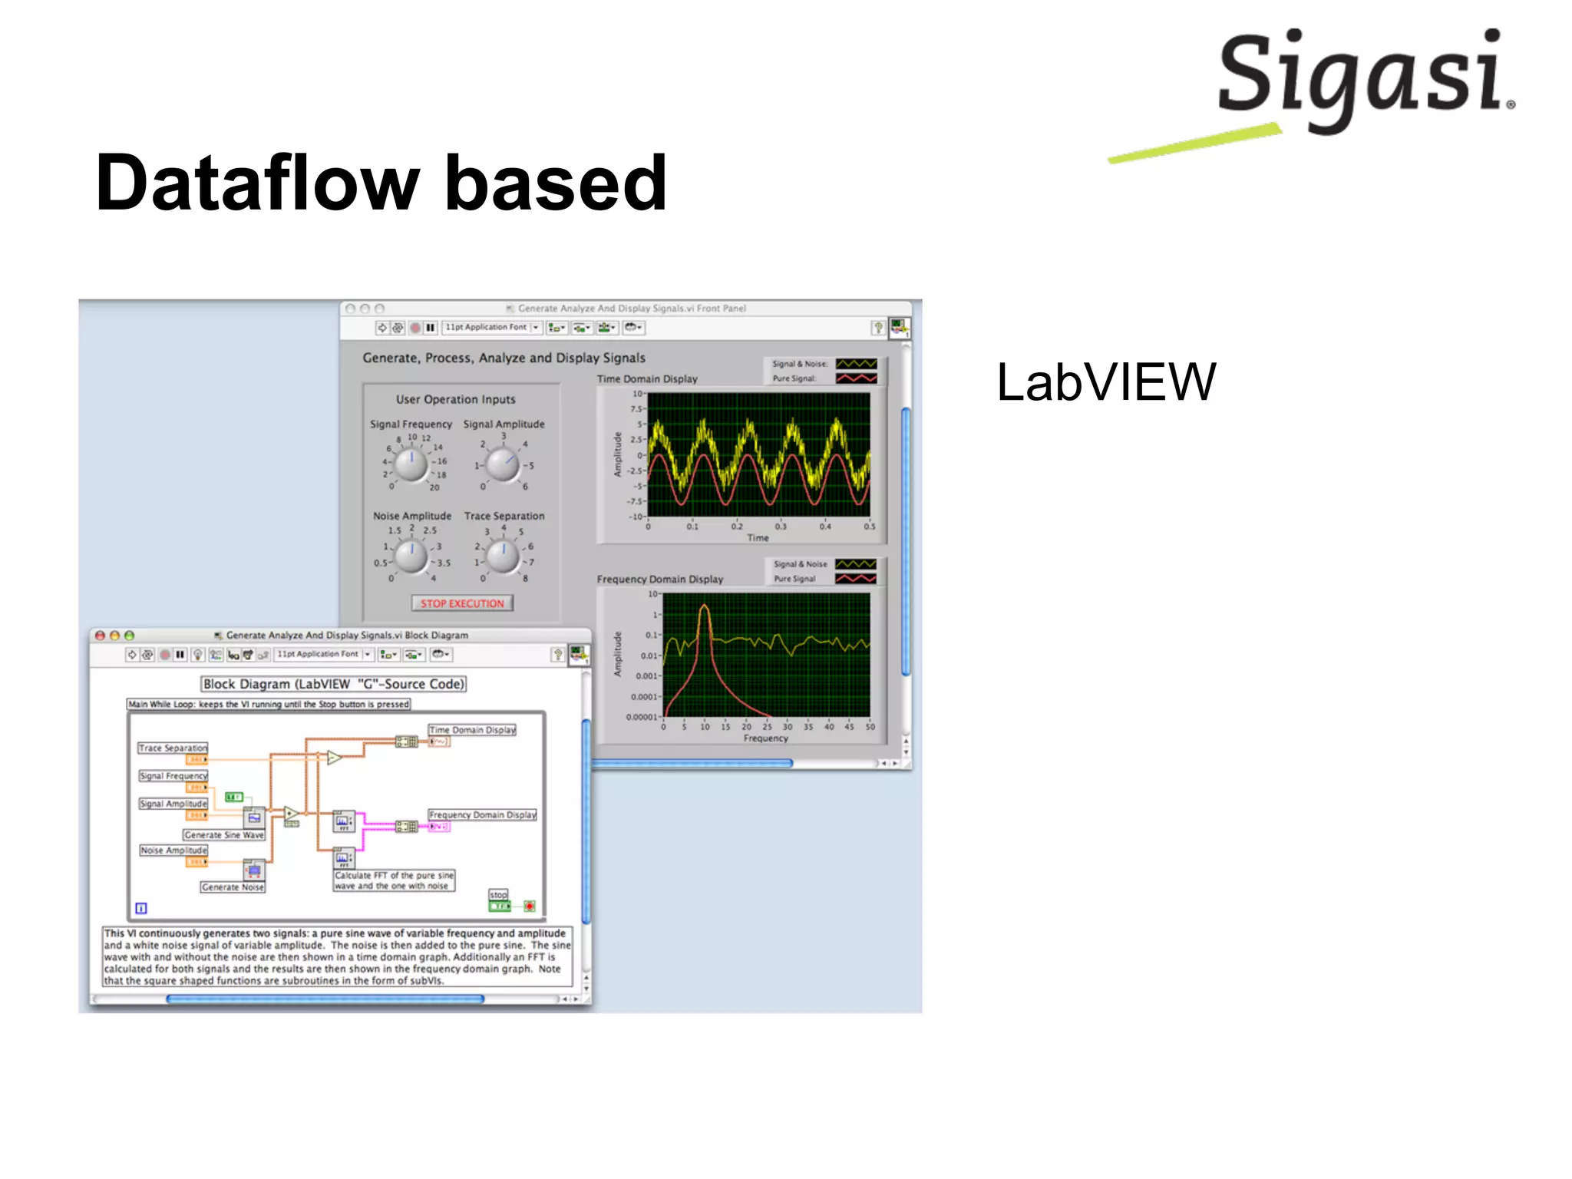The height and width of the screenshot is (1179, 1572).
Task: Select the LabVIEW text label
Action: click(1105, 381)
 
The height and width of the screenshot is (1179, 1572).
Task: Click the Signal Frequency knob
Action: click(411, 464)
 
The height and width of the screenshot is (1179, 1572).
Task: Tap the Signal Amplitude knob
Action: click(503, 464)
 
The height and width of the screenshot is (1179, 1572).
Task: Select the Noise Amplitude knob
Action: click(411, 556)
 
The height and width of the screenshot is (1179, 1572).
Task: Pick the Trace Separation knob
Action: click(503, 556)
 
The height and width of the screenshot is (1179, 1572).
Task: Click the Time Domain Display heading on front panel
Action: click(647, 378)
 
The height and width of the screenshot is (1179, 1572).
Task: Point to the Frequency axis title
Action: click(765, 738)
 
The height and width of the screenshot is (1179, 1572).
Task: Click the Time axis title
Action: click(758, 537)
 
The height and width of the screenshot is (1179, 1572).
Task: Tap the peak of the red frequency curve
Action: click(704, 607)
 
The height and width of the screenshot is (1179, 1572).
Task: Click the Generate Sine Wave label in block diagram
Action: click(224, 834)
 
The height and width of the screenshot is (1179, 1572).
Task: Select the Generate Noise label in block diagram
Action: click(233, 887)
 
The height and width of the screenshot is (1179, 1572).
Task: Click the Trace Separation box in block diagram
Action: click(173, 748)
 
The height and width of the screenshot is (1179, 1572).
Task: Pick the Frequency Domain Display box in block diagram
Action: click(482, 814)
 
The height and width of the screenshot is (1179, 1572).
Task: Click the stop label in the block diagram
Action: click(498, 894)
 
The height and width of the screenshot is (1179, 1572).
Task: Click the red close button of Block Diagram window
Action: click(100, 635)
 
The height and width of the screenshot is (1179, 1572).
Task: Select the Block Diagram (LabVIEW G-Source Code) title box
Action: click(334, 683)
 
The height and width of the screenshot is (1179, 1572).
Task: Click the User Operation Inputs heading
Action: click(455, 399)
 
